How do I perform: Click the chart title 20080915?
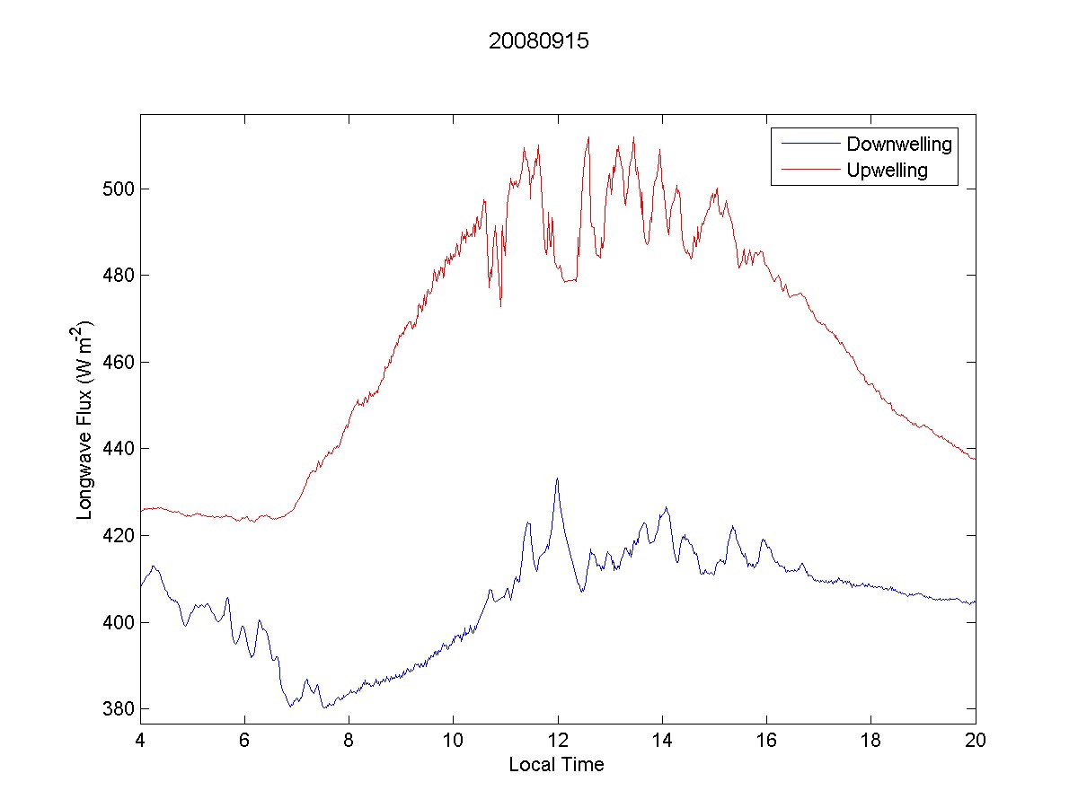(538, 41)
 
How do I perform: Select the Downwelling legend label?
(898, 144)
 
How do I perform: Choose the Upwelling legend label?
(887, 170)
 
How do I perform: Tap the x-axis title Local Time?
(556, 765)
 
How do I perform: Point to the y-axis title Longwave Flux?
(85, 419)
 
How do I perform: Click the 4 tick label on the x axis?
(140, 741)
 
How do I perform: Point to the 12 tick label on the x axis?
(558, 741)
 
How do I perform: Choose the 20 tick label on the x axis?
(976, 741)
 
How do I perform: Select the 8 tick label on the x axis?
(349, 741)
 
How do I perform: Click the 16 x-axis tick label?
(766, 741)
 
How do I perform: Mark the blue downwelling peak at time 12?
(557, 479)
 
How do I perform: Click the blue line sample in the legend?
(808, 144)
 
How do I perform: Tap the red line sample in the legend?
(808, 170)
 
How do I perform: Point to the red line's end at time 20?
(975, 459)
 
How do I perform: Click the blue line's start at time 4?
(141, 586)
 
